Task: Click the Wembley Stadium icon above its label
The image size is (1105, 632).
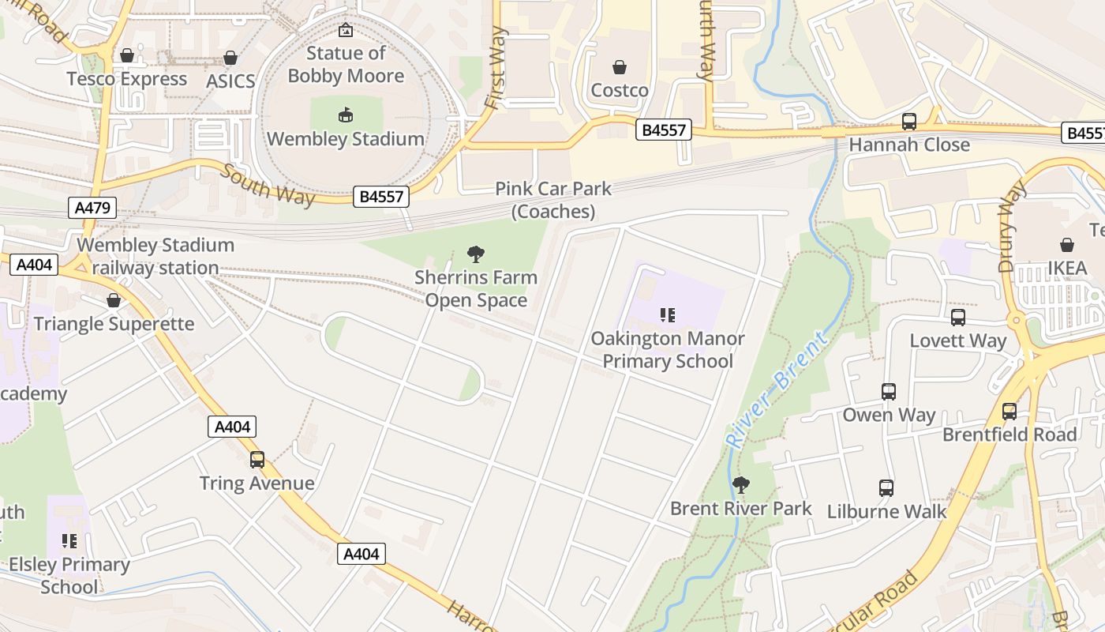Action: click(x=345, y=115)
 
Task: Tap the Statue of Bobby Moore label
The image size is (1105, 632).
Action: click(x=346, y=65)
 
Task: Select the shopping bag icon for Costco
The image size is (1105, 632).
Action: click(x=620, y=67)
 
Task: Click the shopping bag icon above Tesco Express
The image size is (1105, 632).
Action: click(x=126, y=55)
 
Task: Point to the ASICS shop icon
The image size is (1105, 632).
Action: click(x=230, y=58)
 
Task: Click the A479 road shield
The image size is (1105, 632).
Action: click(x=93, y=208)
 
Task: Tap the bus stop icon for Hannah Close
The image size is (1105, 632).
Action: click(x=909, y=122)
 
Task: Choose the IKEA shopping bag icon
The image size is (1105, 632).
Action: click(x=1067, y=245)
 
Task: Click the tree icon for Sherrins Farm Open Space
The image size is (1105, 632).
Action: click(x=475, y=254)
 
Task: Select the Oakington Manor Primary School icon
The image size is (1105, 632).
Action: click(x=668, y=315)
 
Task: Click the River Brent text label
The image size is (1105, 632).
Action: click(x=777, y=390)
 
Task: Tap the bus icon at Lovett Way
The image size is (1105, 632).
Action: click(x=958, y=318)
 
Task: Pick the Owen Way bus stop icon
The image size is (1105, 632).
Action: click(x=889, y=392)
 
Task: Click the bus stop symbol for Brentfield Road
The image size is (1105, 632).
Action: click(x=1009, y=412)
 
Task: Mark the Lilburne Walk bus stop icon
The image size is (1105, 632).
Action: click(x=886, y=488)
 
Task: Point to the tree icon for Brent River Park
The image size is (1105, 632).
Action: click(x=740, y=484)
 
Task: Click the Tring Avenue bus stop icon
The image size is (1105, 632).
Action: click(x=257, y=460)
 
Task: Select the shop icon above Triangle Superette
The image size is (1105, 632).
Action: click(x=114, y=300)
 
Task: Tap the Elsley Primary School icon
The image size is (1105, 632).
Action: click(x=69, y=541)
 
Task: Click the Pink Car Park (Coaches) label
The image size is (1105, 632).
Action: click(x=553, y=200)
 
